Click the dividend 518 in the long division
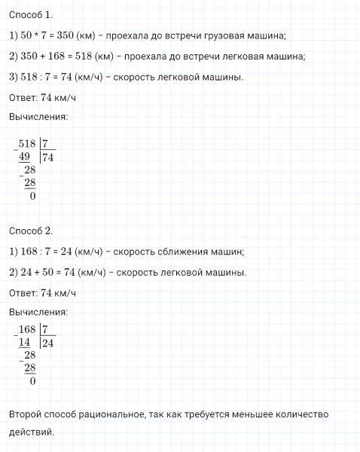pos(28,144)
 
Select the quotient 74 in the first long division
pos(48,157)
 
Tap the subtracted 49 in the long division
pos(25,157)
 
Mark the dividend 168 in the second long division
pos(28,329)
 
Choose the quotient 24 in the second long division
pos(48,343)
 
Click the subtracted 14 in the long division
pos(25,343)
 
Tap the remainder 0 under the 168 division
pos(32,381)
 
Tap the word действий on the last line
pos(32,432)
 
